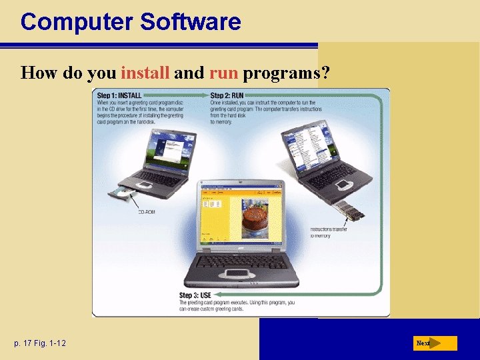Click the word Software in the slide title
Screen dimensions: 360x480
point(191,21)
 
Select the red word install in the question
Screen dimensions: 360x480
point(145,73)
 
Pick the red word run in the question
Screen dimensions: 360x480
point(224,73)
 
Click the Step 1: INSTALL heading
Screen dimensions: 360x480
point(119,95)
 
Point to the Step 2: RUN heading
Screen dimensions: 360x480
point(227,95)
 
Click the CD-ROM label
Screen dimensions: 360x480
point(147,213)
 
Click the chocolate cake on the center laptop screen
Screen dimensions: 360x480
point(253,220)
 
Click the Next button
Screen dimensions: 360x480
point(434,343)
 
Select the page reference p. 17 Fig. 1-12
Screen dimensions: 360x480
point(40,343)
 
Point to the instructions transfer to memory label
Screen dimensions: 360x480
point(329,233)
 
